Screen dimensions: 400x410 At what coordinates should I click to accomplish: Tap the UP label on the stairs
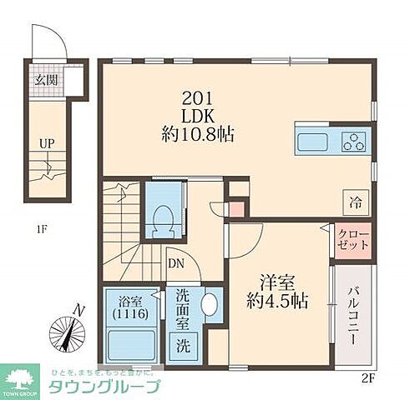[47, 142]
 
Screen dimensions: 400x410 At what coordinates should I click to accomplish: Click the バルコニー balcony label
[353, 317]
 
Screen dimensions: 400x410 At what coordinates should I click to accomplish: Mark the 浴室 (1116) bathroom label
[130, 307]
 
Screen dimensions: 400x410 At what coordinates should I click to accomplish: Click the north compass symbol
[67, 332]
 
